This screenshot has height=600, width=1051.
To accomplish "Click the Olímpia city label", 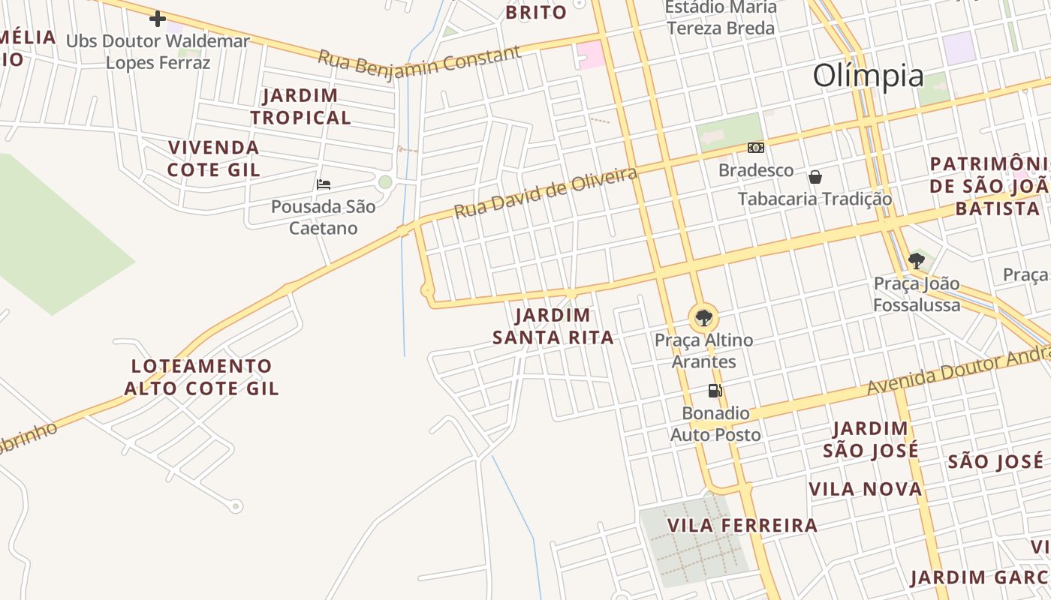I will (869, 76).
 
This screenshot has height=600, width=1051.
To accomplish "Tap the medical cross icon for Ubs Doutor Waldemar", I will (158, 19).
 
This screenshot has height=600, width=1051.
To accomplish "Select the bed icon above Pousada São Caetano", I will (324, 184).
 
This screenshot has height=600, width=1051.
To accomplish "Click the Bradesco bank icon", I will (756, 148).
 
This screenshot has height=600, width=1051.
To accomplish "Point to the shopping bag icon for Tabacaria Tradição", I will (815, 177).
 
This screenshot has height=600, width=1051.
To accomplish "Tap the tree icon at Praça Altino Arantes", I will (703, 317).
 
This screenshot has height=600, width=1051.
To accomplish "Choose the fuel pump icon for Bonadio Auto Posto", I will (715, 390).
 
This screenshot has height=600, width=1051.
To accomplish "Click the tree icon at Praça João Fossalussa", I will (916, 261).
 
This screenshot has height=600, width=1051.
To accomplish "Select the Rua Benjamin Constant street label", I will (419, 60).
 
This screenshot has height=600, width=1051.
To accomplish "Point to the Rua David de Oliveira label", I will (546, 193).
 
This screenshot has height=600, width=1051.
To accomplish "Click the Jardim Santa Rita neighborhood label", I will (553, 326).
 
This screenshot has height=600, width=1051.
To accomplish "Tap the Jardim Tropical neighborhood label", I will (301, 106).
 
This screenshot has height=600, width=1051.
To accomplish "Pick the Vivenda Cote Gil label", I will (214, 158).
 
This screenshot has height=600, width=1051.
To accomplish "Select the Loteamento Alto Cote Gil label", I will (202, 377).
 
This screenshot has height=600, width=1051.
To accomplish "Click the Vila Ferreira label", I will (742, 525).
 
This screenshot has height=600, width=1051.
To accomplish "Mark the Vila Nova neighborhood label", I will (865, 490).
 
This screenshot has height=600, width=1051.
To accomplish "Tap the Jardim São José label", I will (871, 439).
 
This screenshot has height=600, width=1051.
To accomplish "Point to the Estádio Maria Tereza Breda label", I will (720, 18).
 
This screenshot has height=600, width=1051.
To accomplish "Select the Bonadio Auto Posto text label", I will (715, 424).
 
